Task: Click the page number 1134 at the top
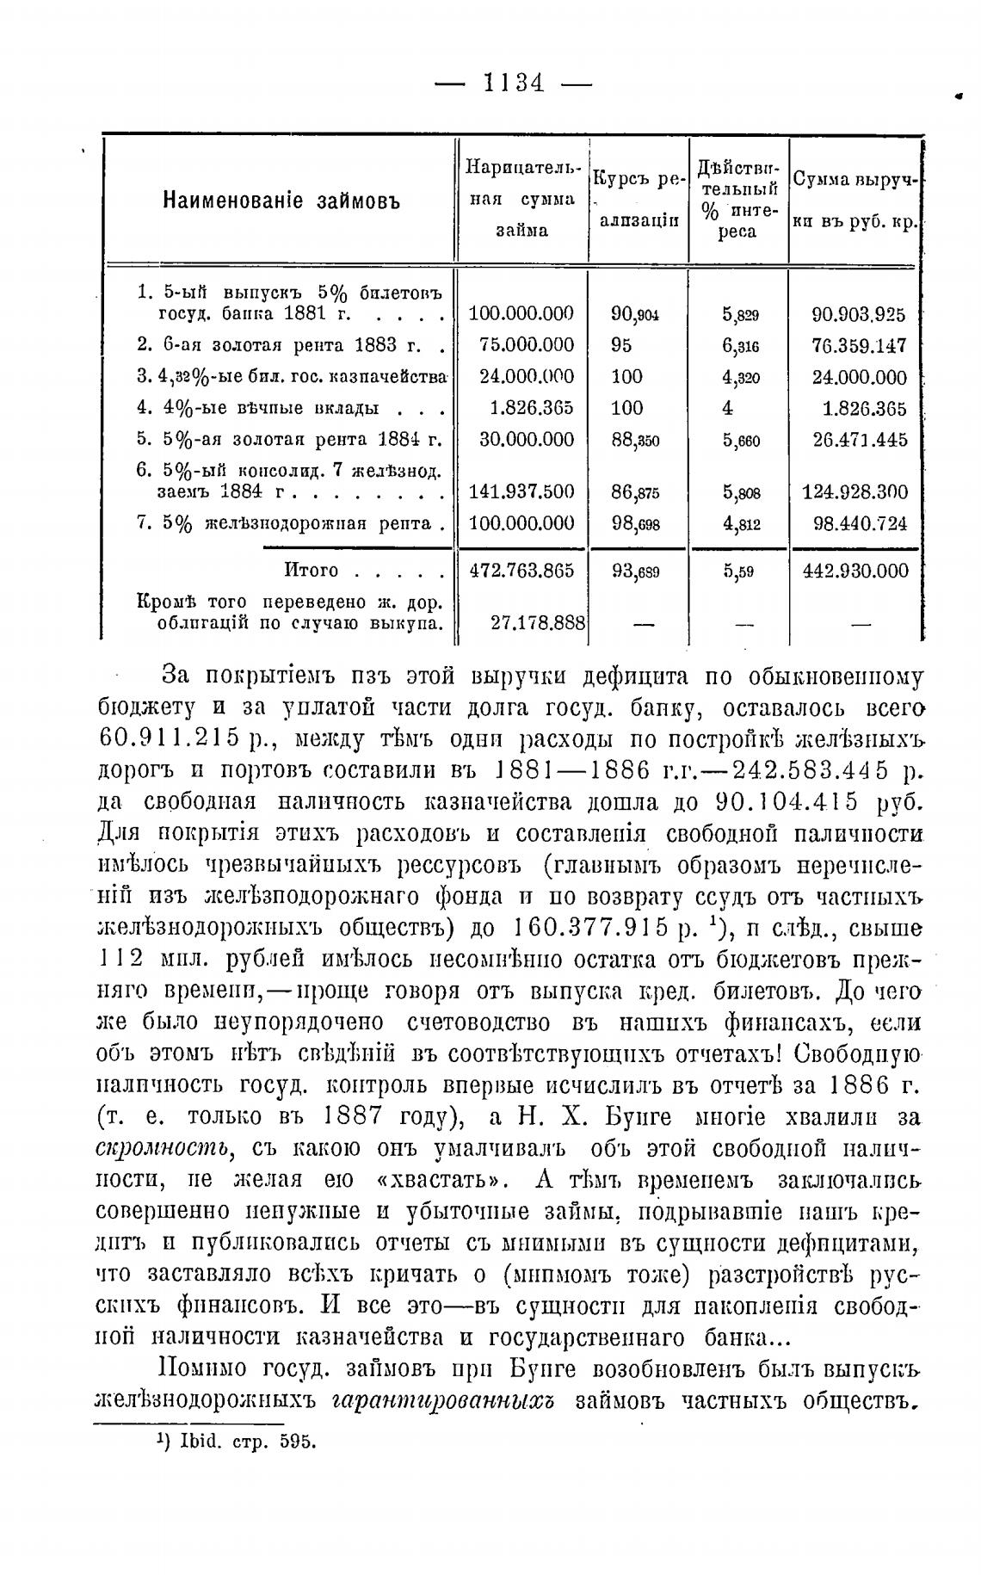click(x=514, y=83)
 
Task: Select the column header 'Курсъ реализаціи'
click(x=639, y=201)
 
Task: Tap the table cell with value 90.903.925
click(x=859, y=314)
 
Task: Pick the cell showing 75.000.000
click(x=526, y=345)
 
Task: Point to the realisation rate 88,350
click(x=635, y=440)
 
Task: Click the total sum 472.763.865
click(x=520, y=571)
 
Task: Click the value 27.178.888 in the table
click(x=538, y=622)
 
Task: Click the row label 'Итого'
click(x=311, y=571)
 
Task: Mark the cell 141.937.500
click(x=521, y=492)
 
